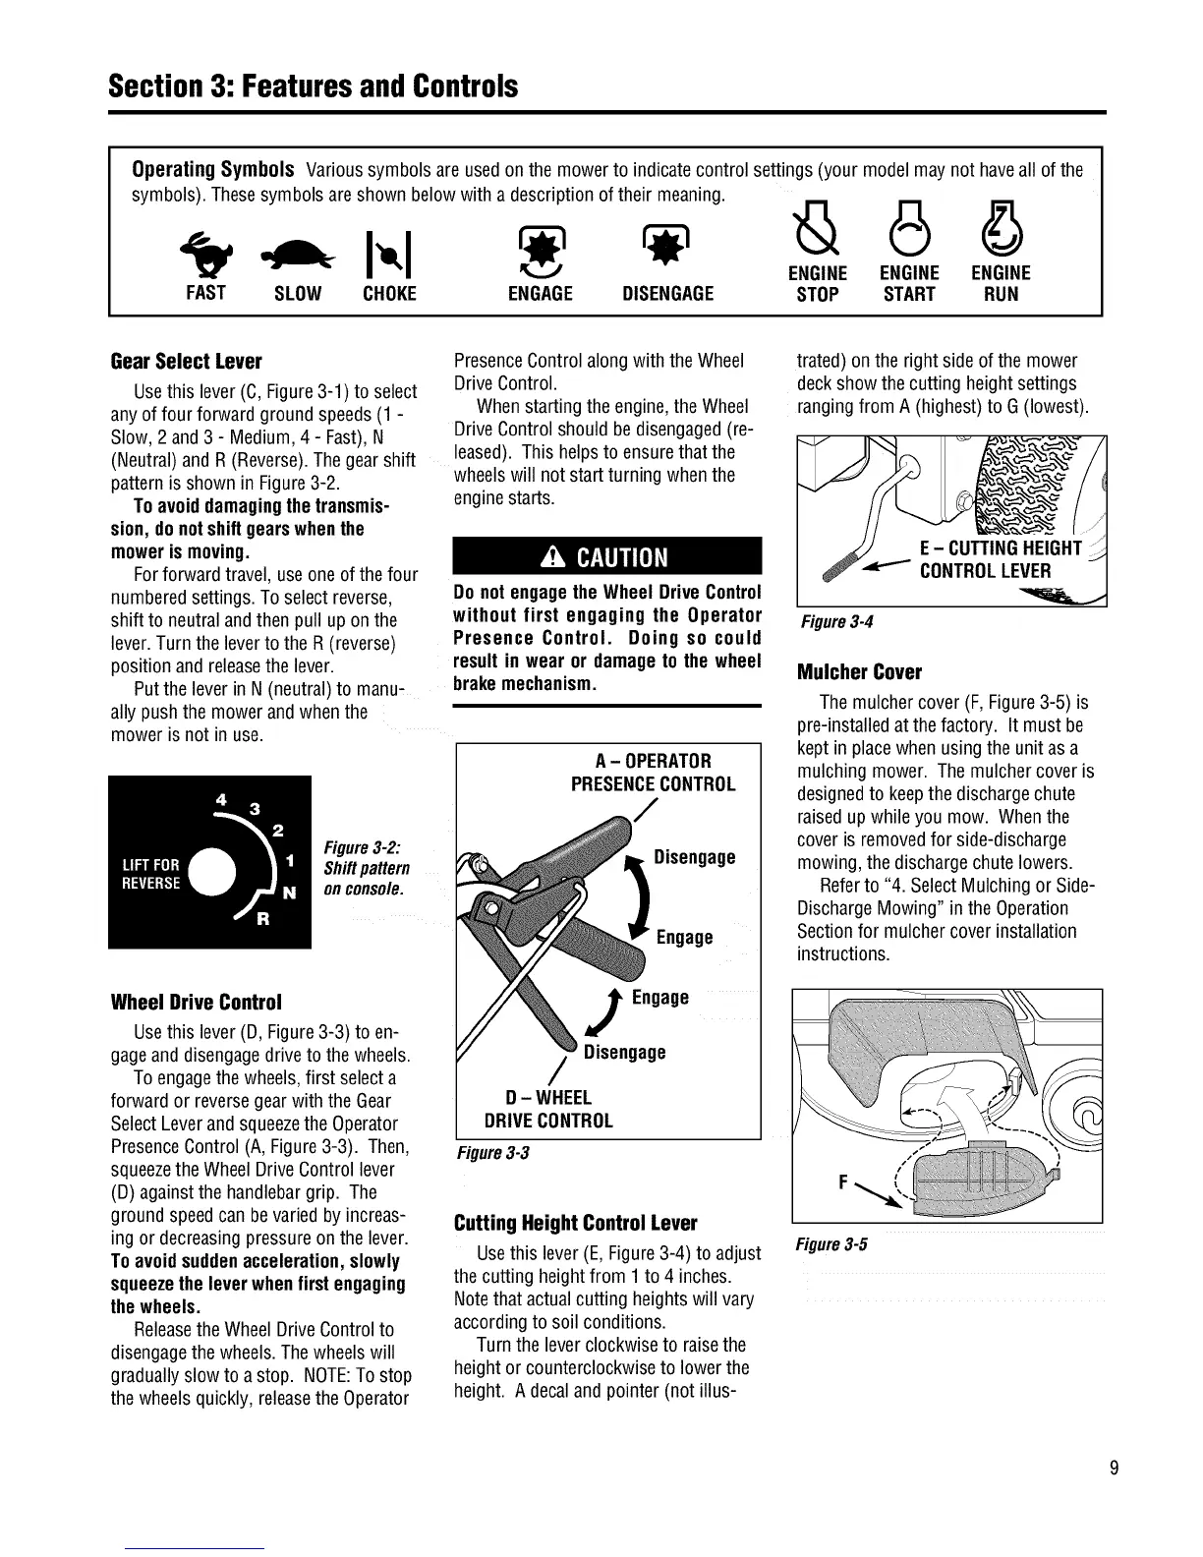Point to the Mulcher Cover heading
859,672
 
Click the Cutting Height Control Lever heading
575,1224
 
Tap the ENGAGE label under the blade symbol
540,294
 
